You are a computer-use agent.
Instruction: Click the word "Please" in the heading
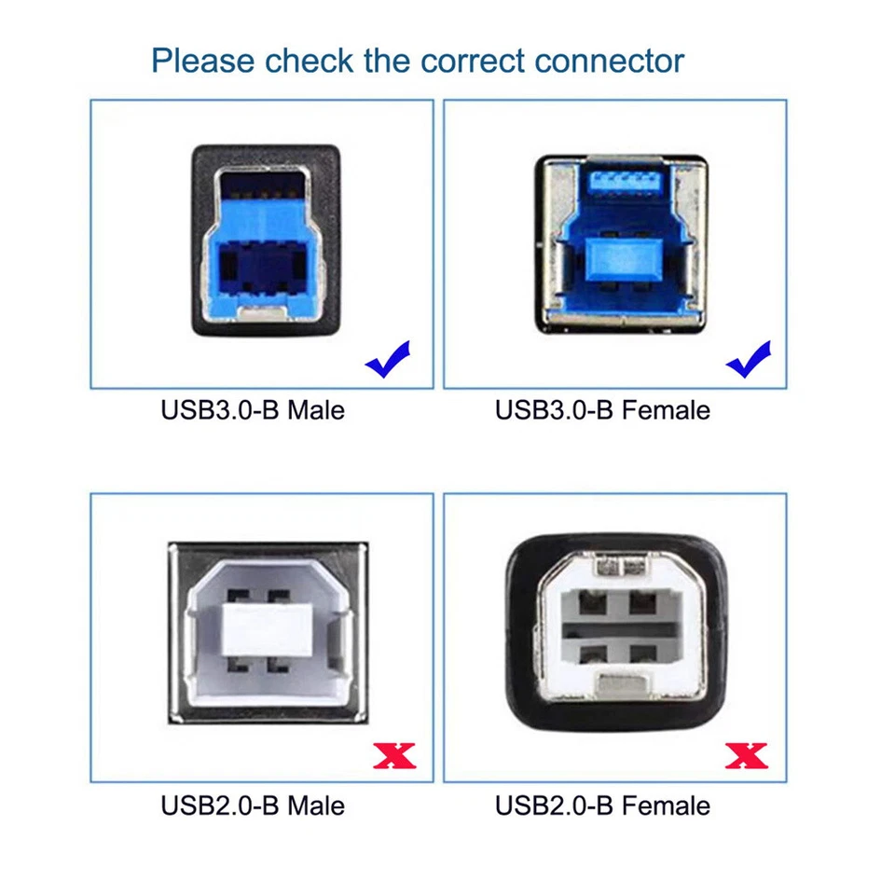click(x=203, y=62)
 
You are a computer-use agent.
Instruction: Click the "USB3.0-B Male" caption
click(x=253, y=410)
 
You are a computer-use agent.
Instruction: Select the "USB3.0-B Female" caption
click(x=602, y=410)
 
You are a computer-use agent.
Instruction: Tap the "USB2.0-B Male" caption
click(x=253, y=805)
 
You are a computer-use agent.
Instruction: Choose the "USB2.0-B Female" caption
click(x=602, y=805)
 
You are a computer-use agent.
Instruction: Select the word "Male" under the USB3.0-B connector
click(x=315, y=410)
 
